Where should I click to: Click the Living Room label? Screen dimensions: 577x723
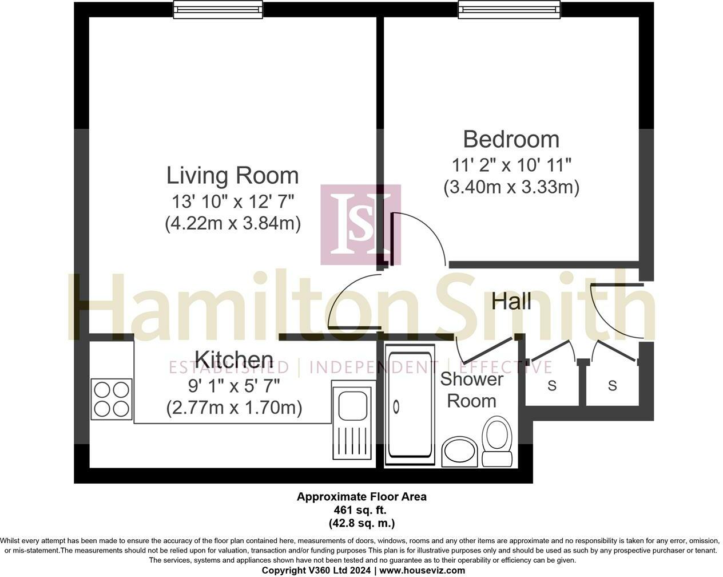pyautogui.click(x=232, y=175)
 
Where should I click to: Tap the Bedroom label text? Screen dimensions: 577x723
pyautogui.click(x=511, y=139)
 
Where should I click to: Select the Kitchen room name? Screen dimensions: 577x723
pyautogui.click(x=233, y=359)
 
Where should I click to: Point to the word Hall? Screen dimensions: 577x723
pyautogui.click(x=511, y=301)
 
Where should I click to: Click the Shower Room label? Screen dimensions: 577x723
pyautogui.click(x=471, y=390)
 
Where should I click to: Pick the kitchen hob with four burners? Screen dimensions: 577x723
pyautogui.click(x=112, y=399)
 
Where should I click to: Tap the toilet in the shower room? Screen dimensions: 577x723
pyautogui.click(x=497, y=441)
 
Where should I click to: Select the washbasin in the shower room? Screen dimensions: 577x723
pyautogui.click(x=459, y=451)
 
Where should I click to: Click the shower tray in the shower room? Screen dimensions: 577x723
pyautogui.click(x=409, y=405)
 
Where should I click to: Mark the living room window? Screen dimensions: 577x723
pyautogui.click(x=218, y=9)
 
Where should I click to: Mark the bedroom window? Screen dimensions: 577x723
pyautogui.click(x=509, y=9)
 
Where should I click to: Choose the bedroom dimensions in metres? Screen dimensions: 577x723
pyautogui.click(x=511, y=187)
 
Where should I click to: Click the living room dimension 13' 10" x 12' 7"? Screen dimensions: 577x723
pyautogui.click(x=232, y=201)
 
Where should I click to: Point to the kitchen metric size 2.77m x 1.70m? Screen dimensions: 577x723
pyautogui.click(x=234, y=408)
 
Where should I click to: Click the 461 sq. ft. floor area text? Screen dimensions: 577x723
pyautogui.click(x=361, y=509)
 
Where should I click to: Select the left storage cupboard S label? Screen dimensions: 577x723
pyautogui.click(x=551, y=386)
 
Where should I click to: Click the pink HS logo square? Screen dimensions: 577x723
pyautogui.click(x=360, y=224)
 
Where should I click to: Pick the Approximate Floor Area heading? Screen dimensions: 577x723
pyautogui.click(x=361, y=497)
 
